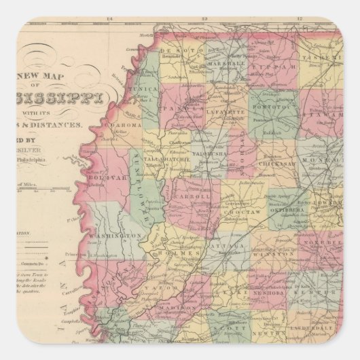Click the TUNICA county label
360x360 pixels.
point(145,88)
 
